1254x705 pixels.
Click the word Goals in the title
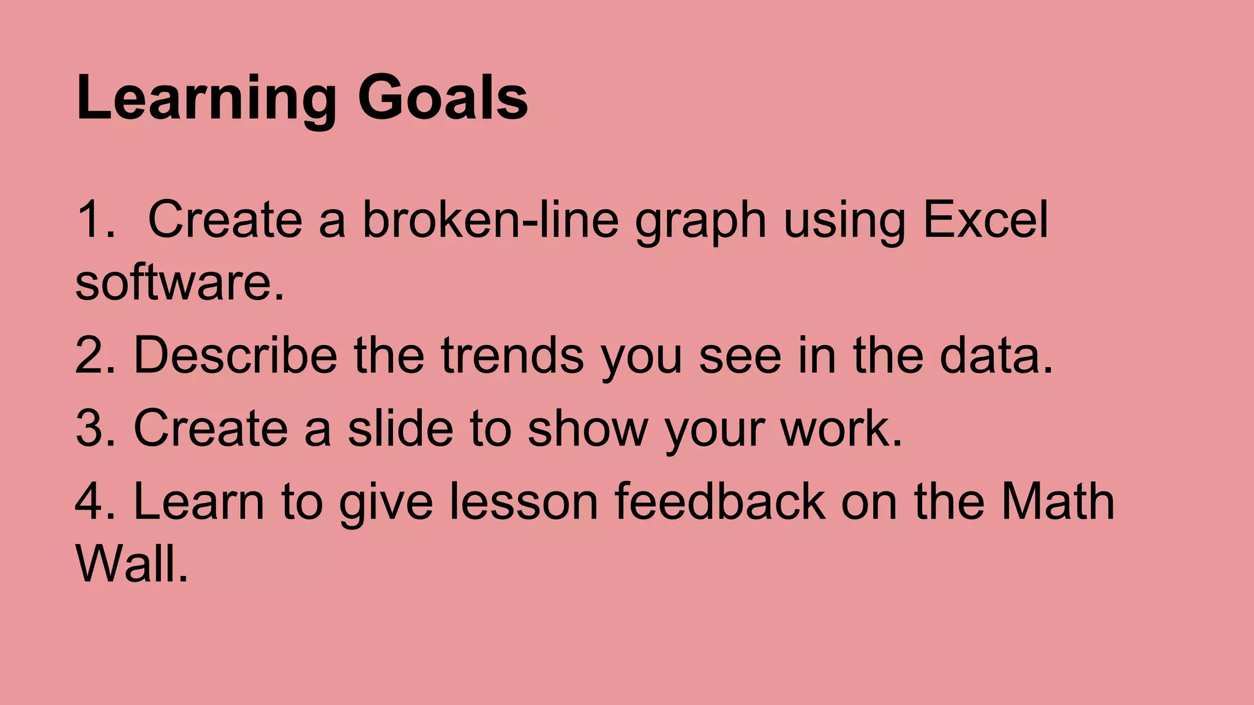[443, 98]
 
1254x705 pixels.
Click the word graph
[700, 222]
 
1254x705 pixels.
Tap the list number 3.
[94, 428]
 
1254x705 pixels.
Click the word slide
[400, 428]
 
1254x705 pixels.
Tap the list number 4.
[94, 501]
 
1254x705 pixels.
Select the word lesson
[524, 501]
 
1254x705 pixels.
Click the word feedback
[719, 501]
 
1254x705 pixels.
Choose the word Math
[1057, 501]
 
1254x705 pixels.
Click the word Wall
[131, 564]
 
